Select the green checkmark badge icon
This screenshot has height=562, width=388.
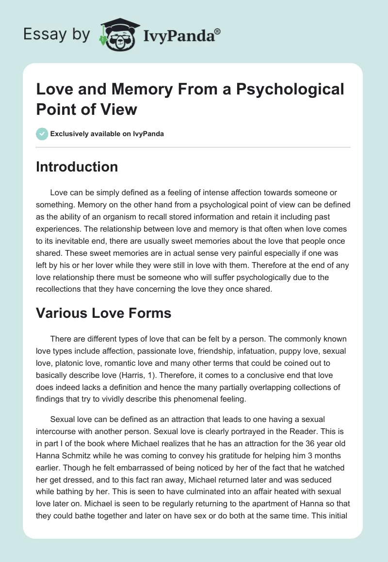(42, 134)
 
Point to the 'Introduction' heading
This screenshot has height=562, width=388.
(77, 167)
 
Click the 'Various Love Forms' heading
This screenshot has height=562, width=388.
(104, 313)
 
